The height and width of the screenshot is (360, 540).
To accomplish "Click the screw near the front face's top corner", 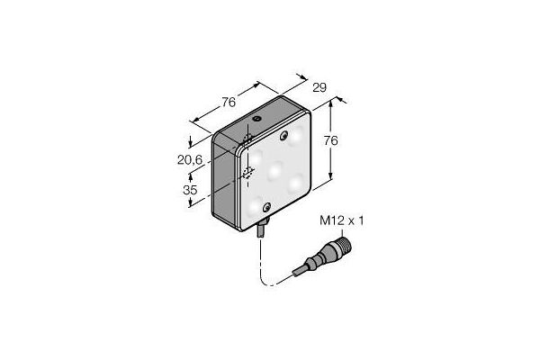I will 284,135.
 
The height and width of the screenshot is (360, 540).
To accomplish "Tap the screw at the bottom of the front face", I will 266,209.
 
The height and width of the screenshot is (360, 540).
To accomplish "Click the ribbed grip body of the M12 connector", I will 319,257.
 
